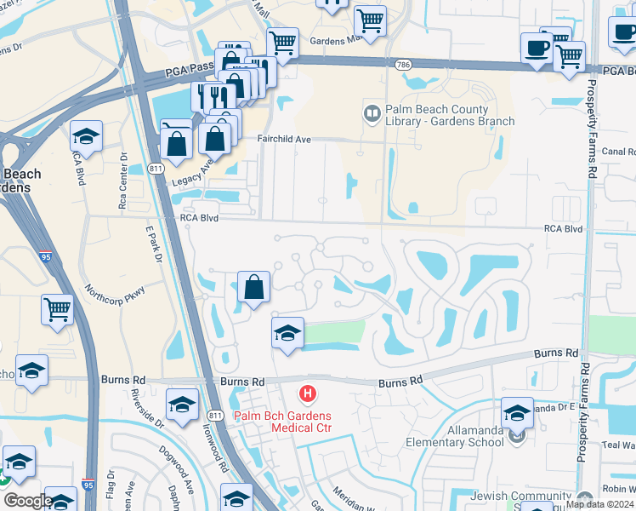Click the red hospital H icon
click(x=308, y=393)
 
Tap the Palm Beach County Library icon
click(x=372, y=112)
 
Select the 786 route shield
click(x=403, y=64)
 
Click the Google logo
click(x=28, y=501)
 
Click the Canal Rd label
click(x=618, y=152)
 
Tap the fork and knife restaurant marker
click(x=207, y=95)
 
